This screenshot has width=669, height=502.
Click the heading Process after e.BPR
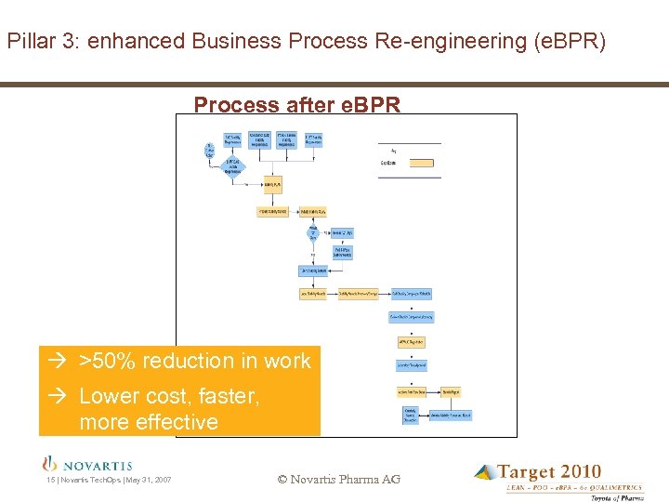click(x=297, y=105)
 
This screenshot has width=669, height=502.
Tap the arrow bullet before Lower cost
click(x=55, y=396)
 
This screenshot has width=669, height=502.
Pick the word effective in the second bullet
click(x=176, y=422)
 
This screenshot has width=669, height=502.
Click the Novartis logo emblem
click(x=50, y=464)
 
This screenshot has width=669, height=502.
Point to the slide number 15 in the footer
click(x=50, y=480)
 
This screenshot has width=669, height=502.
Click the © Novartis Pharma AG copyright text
click(x=339, y=480)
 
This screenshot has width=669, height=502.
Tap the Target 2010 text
click(x=549, y=472)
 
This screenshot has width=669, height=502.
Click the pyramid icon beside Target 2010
click(x=485, y=473)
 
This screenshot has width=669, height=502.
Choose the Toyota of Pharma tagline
click(x=617, y=497)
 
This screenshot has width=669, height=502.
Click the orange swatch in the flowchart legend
click(x=420, y=163)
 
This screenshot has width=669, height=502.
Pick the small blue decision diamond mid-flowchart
click(x=313, y=233)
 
